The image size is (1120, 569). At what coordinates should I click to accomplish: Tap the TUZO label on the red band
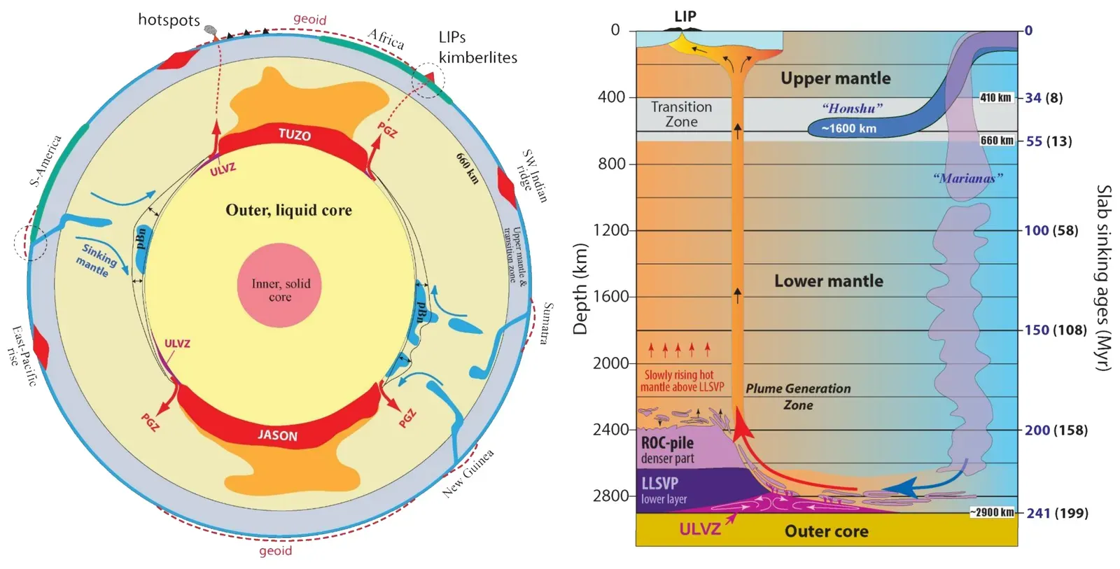pos(294,134)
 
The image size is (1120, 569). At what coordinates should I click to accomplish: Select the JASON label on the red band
pos(277,435)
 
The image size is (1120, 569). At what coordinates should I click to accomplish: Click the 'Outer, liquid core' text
pos(288,210)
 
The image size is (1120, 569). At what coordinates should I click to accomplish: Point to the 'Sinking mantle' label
pos(96,259)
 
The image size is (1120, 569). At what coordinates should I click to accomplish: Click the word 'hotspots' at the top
pos(169,20)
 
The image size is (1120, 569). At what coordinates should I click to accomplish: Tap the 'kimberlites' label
pos(478,57)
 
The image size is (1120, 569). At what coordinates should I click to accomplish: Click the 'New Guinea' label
pos(468,473)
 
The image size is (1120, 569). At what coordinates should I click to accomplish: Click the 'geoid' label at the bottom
pos(275,551)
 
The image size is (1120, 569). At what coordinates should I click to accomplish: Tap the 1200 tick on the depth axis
pos(610,230)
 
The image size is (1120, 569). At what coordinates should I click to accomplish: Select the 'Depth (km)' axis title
pos(580,289)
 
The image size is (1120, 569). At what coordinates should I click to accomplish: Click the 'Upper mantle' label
pos(835,78)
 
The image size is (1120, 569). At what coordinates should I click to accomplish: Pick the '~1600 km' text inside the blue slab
pos(848,129)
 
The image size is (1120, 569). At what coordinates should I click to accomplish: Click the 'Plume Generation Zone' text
pos(798,396)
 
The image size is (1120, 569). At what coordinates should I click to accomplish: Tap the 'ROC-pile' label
pos(667,443)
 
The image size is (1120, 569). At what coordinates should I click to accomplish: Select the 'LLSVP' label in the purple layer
pos(659,483)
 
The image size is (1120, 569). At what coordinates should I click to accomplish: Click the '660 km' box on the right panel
pos(997,141)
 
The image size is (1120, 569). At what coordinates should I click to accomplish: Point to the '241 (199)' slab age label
pos(1057,513)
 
